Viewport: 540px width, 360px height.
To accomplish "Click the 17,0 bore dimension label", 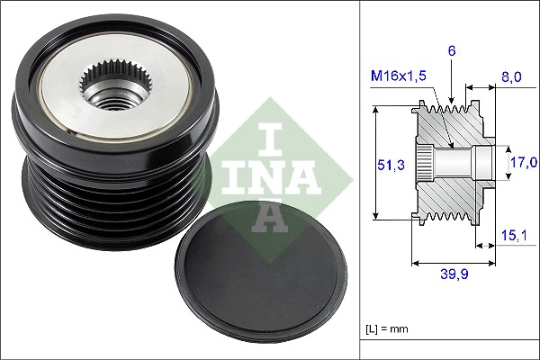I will [x=524, y=162].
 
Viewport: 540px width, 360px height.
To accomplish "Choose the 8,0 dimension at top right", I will [x=510, y=78].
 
